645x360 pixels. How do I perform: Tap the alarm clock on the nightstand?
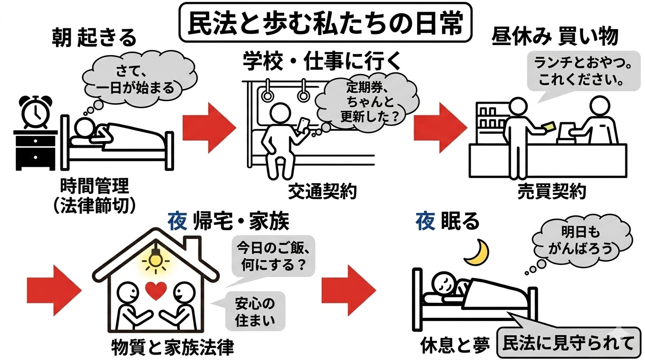[34, 112]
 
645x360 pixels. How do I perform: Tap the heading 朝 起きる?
[94, 38]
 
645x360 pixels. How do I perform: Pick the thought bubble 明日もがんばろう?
[580, 240]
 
